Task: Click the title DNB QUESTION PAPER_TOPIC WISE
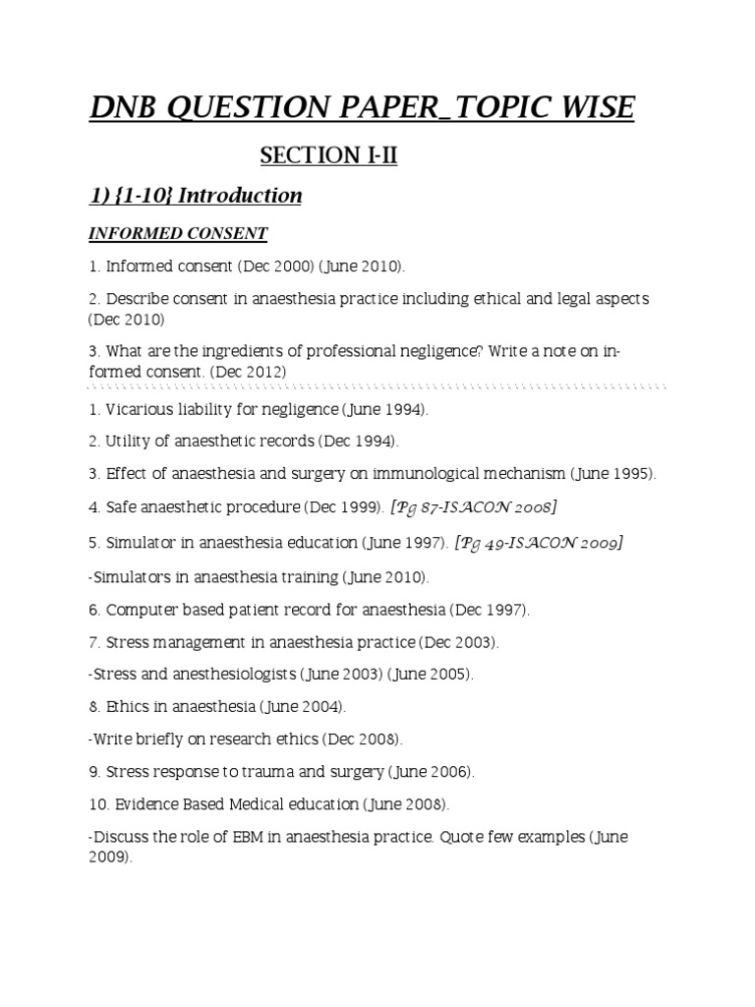pyautogui.click(x=362, y=107)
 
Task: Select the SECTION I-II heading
pyautogui.click(x=328, y=155)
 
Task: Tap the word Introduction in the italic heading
pyautogui.click(x=240, y=196)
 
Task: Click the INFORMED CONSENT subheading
pyautogui.click(x=178, y=234)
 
